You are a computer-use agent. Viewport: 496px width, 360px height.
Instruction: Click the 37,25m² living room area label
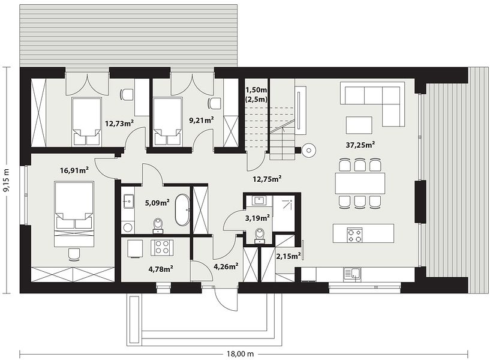point(360,145)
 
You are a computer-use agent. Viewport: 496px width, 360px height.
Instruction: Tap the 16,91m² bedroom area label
point(74,171)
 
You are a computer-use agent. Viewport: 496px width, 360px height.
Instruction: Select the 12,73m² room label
point(119,123)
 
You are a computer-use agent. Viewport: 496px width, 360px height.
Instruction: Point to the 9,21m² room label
point(201,120)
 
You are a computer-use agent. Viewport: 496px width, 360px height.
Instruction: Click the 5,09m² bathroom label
point(157,202)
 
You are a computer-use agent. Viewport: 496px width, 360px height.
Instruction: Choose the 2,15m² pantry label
point(288,256)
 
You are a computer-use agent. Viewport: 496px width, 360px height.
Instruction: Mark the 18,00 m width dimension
point(241,353)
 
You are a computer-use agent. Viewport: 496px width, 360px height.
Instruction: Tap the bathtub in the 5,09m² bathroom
point(182,210)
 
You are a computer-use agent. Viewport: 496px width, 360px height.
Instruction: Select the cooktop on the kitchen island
point(354,235)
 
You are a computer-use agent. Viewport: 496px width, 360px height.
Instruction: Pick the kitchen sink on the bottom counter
point(352,274)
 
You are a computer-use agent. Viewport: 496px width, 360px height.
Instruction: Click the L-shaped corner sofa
point(372,104)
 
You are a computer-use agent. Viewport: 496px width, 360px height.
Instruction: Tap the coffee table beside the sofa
point(359,125)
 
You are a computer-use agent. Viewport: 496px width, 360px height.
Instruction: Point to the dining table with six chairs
point(360,183)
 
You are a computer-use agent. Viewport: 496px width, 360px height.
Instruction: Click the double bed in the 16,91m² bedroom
point(74,214)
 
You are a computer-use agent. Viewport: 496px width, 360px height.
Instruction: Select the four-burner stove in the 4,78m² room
point(162,247)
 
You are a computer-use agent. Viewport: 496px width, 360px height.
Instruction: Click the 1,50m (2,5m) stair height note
point(256,95)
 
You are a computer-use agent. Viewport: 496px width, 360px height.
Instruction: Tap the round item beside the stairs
point(308,150)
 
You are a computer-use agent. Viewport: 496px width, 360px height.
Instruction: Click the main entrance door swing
point(226,299)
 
